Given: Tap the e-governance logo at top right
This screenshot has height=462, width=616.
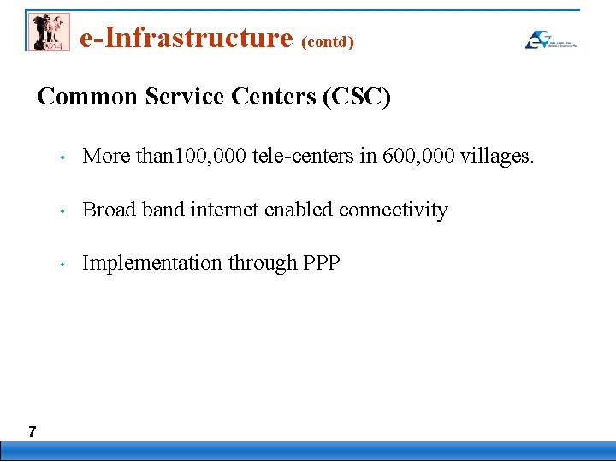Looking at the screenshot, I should (550, 39).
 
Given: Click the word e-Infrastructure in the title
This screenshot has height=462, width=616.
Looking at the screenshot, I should (186, 38).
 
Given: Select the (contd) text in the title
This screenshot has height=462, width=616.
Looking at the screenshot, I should (328, 41).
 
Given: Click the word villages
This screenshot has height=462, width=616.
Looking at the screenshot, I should (498, 157).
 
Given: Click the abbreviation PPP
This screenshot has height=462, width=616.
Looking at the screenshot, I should (322, 264).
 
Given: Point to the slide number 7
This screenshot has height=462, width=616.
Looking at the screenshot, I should (32, 431).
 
